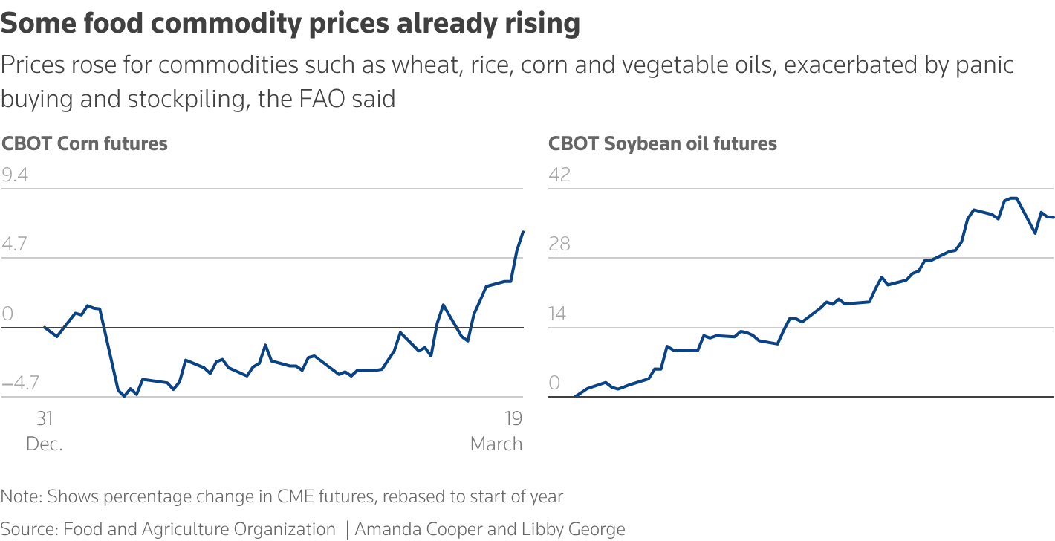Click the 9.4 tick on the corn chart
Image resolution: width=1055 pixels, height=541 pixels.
(16, 175)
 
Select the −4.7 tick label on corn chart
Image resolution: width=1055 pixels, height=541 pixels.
(20, 383)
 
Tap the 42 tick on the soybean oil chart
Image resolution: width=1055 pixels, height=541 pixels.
(559, 175)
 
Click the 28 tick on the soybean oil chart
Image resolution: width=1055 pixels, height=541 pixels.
(559, 244)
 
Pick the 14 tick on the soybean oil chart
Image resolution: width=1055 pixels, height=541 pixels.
(558, 314)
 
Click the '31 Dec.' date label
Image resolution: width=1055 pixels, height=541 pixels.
(45, 431)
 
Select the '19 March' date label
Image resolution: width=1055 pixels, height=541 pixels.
(496, 431)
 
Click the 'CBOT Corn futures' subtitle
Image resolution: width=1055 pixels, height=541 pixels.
(85, 143)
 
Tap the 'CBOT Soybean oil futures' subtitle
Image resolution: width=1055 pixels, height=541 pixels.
(663, 143)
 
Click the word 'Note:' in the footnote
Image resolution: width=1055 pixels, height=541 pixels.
(22, 496)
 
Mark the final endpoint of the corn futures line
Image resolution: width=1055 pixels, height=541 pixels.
(524, 232)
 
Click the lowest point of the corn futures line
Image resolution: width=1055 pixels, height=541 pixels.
(124, 396)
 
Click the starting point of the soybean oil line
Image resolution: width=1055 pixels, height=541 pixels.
(576, 397)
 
